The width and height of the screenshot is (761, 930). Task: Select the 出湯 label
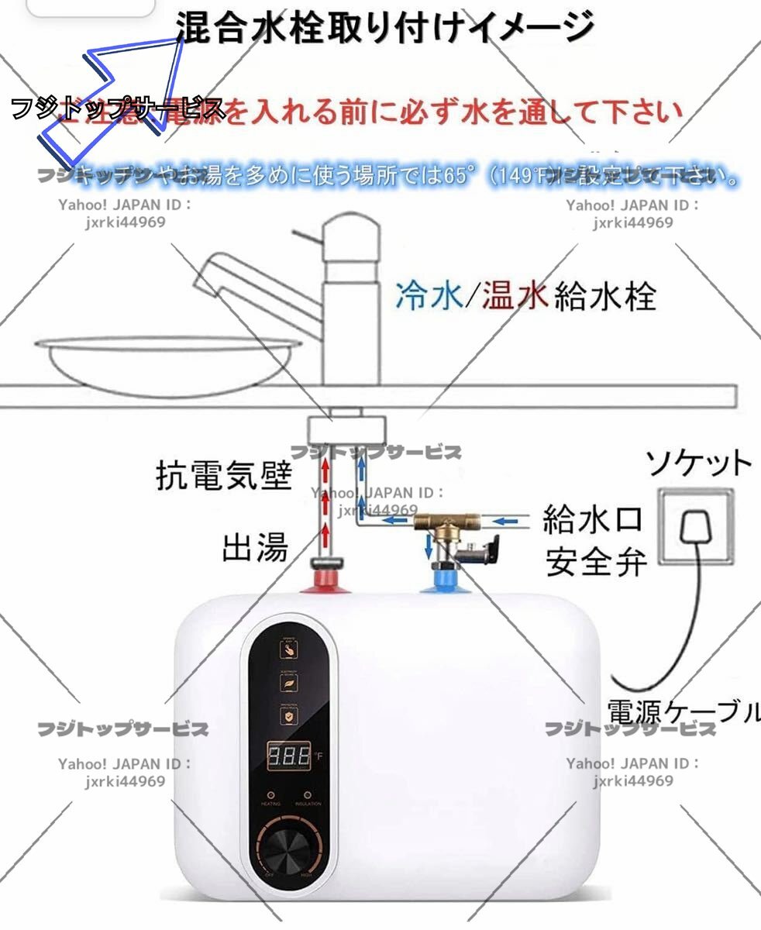255,547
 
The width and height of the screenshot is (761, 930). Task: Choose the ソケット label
698,463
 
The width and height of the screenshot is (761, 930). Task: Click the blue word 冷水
429,296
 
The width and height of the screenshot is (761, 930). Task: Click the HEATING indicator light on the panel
269,795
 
